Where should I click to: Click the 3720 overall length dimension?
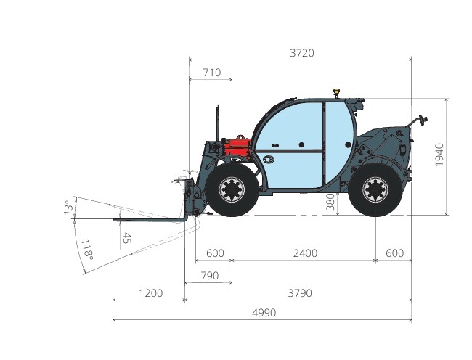[302, 53]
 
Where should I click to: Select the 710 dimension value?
[211, 73]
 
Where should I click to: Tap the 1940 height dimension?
[439, 155]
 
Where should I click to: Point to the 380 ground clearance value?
[330, 202]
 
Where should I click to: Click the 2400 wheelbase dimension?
[305, 253]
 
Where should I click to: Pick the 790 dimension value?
[210, 276]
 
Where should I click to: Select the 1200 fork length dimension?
[150, 293]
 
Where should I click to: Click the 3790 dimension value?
[300, 293]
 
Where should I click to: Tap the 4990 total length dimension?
[264, 313]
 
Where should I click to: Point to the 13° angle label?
[69, 208]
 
